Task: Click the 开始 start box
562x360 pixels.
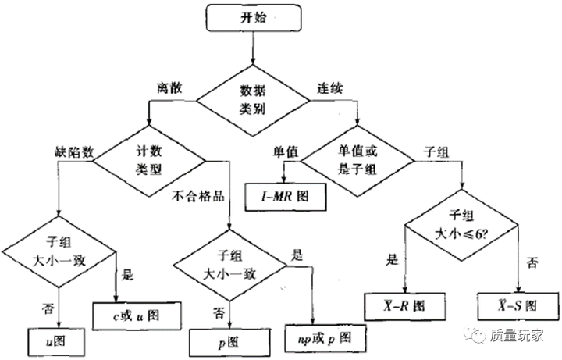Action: click(x=251, y=17)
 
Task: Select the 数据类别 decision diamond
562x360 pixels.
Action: click(x=252, y=100)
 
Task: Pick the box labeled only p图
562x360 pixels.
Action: click(x=226, y=340)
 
